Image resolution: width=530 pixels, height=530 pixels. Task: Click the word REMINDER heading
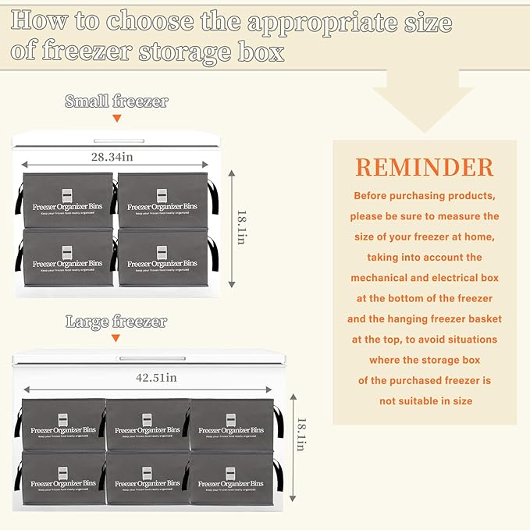click(425, 167)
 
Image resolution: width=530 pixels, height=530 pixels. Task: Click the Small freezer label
click(116, 101)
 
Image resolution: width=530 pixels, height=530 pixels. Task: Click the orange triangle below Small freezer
click(116, 119)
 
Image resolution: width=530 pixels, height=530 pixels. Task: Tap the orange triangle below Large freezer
click(116, 338)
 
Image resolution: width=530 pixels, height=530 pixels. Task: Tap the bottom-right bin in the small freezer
click(162, 256)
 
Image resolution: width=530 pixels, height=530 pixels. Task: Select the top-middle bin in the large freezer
click(148, 424)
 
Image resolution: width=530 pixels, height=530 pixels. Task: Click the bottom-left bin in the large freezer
click(62, 478)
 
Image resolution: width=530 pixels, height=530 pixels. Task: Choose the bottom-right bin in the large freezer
click(231, 478)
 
